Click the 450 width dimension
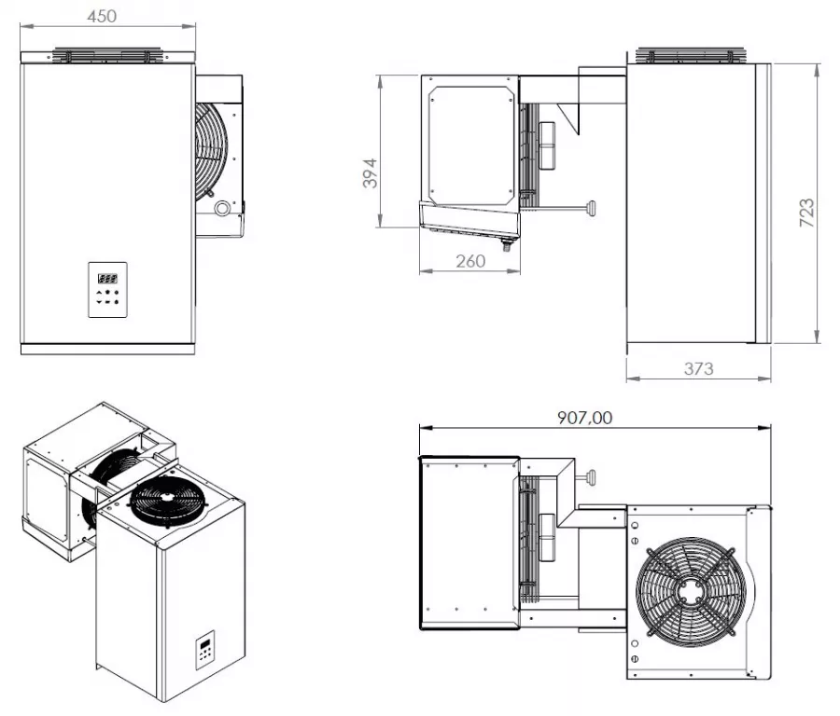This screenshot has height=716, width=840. (108, 16)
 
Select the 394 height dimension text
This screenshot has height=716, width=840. (371, 174)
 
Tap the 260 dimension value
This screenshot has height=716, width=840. (469, 261)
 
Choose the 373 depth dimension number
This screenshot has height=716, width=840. (697, 368)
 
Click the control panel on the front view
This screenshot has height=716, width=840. (108, 290)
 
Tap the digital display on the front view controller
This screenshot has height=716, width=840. (107, 278)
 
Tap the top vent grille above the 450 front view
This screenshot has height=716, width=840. (107, 55)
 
